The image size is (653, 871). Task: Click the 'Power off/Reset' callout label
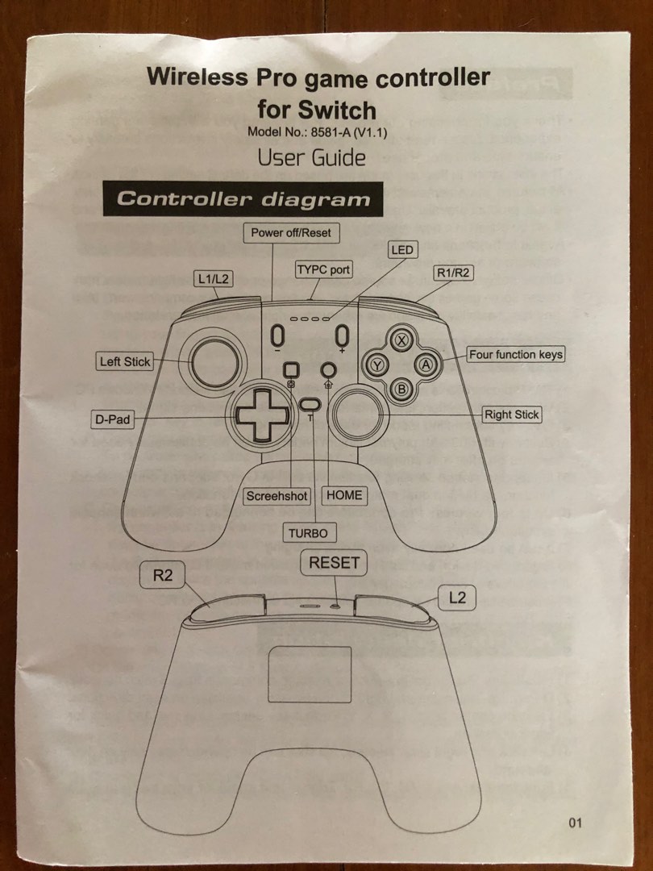click(291, 232)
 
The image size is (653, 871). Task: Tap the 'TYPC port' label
click(323, 269)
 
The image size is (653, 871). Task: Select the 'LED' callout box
click(401, 250)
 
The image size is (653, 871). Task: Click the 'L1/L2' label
click(213, 279)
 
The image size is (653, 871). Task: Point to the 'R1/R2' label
click(453, 273)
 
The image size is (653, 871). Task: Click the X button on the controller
click(402, 340)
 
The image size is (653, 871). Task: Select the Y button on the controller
click(377, 365)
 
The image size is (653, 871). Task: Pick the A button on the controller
click(426, 365)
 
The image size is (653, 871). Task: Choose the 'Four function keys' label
click(516, 354)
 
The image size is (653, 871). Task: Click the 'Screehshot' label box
click(277, 496)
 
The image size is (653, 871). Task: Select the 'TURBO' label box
click(309, 533)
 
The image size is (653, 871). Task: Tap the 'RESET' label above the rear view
click(334, 563)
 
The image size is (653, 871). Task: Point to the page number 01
click(574, 823)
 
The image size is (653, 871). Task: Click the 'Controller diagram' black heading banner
click(243, 199)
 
